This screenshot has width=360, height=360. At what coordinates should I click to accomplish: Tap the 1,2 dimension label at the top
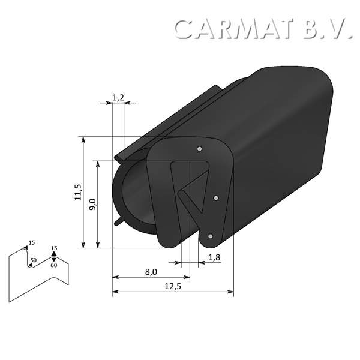118,95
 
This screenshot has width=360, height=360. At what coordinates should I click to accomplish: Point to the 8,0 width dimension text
151,272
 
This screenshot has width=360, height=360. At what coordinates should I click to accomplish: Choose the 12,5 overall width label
172,286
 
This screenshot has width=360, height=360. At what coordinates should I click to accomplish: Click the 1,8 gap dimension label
214,257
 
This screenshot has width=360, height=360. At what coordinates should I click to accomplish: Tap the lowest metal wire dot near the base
209,237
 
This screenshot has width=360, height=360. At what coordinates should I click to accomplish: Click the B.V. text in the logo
326,29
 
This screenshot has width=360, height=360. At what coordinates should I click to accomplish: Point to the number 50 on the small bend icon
33,260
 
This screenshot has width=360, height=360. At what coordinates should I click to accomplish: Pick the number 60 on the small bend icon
54,265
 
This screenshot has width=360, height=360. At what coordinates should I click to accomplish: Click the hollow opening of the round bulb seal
134,192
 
